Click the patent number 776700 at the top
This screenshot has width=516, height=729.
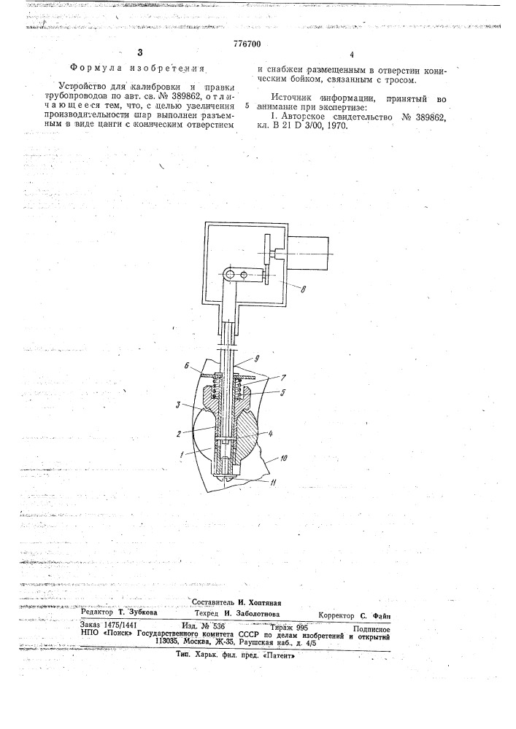coord(247,44)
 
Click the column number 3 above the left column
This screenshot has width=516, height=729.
coord(140,52)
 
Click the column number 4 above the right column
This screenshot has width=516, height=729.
coord(351,55)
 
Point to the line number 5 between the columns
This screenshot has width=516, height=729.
coord(247,106)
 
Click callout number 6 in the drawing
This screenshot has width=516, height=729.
coord(186,366)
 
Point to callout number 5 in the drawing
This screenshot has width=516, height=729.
coord(282,393)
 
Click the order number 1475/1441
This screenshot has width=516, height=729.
coord(120,625)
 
